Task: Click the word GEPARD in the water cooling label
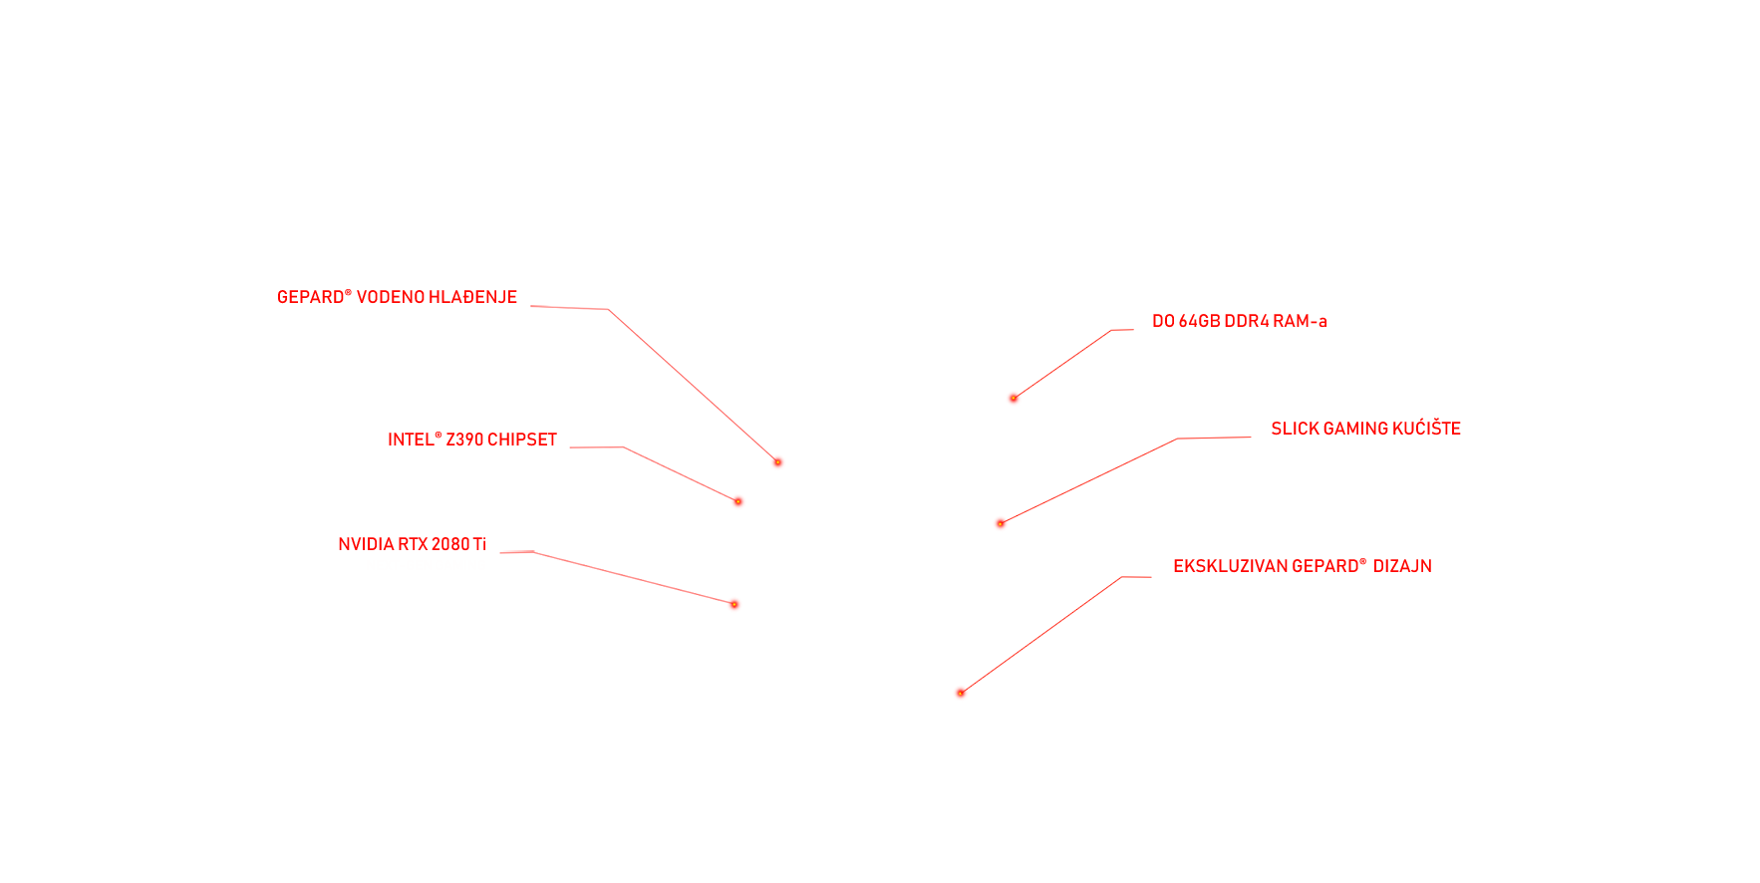(x=310, y=297)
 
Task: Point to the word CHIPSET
(x=522, y=440)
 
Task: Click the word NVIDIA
(x=366, y=544)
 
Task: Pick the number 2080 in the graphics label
(x=450, y=544)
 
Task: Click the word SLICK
(x=1295, y=429)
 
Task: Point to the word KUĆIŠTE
(x=1426, y=428)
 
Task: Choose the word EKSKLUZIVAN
(x=1230, y=566)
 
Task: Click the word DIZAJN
(x=1402, y=566)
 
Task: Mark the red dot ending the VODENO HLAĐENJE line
(x=777, y=462)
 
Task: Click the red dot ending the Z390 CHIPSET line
(x=738, y=501)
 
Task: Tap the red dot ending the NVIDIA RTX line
(x=734, y=604)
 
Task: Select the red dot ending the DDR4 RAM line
(x=1014, y=398)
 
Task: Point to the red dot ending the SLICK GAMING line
(x=1001, y=523)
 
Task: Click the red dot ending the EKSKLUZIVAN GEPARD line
(x=961, y=693)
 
